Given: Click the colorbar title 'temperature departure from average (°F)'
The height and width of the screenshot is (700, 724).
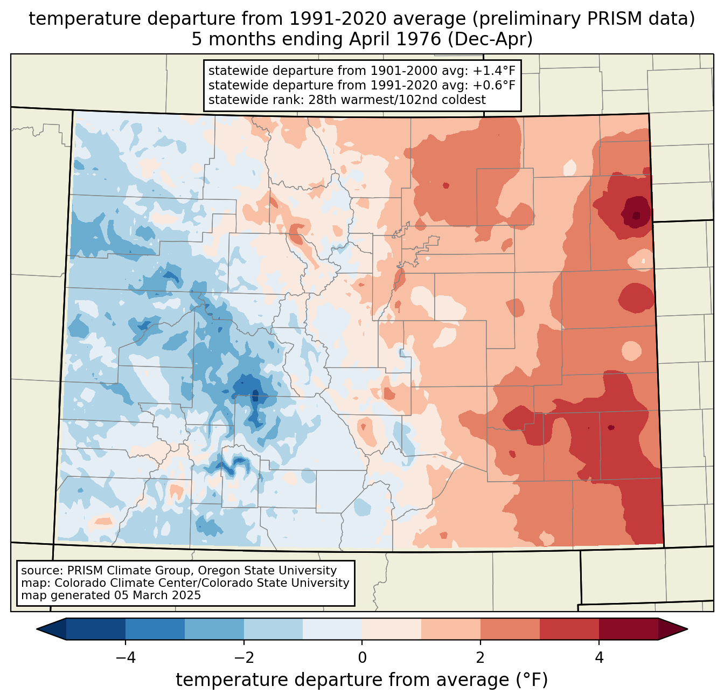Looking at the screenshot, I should coord(362,680).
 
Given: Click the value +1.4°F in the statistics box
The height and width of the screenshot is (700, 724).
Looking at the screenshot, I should coord(494,71).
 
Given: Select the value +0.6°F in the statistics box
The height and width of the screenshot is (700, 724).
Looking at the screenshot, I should coord(494,85).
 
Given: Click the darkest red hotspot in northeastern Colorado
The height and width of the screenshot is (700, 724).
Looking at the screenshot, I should coord(637,215).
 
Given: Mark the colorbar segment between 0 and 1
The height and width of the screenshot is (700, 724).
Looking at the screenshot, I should coord(392,629).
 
